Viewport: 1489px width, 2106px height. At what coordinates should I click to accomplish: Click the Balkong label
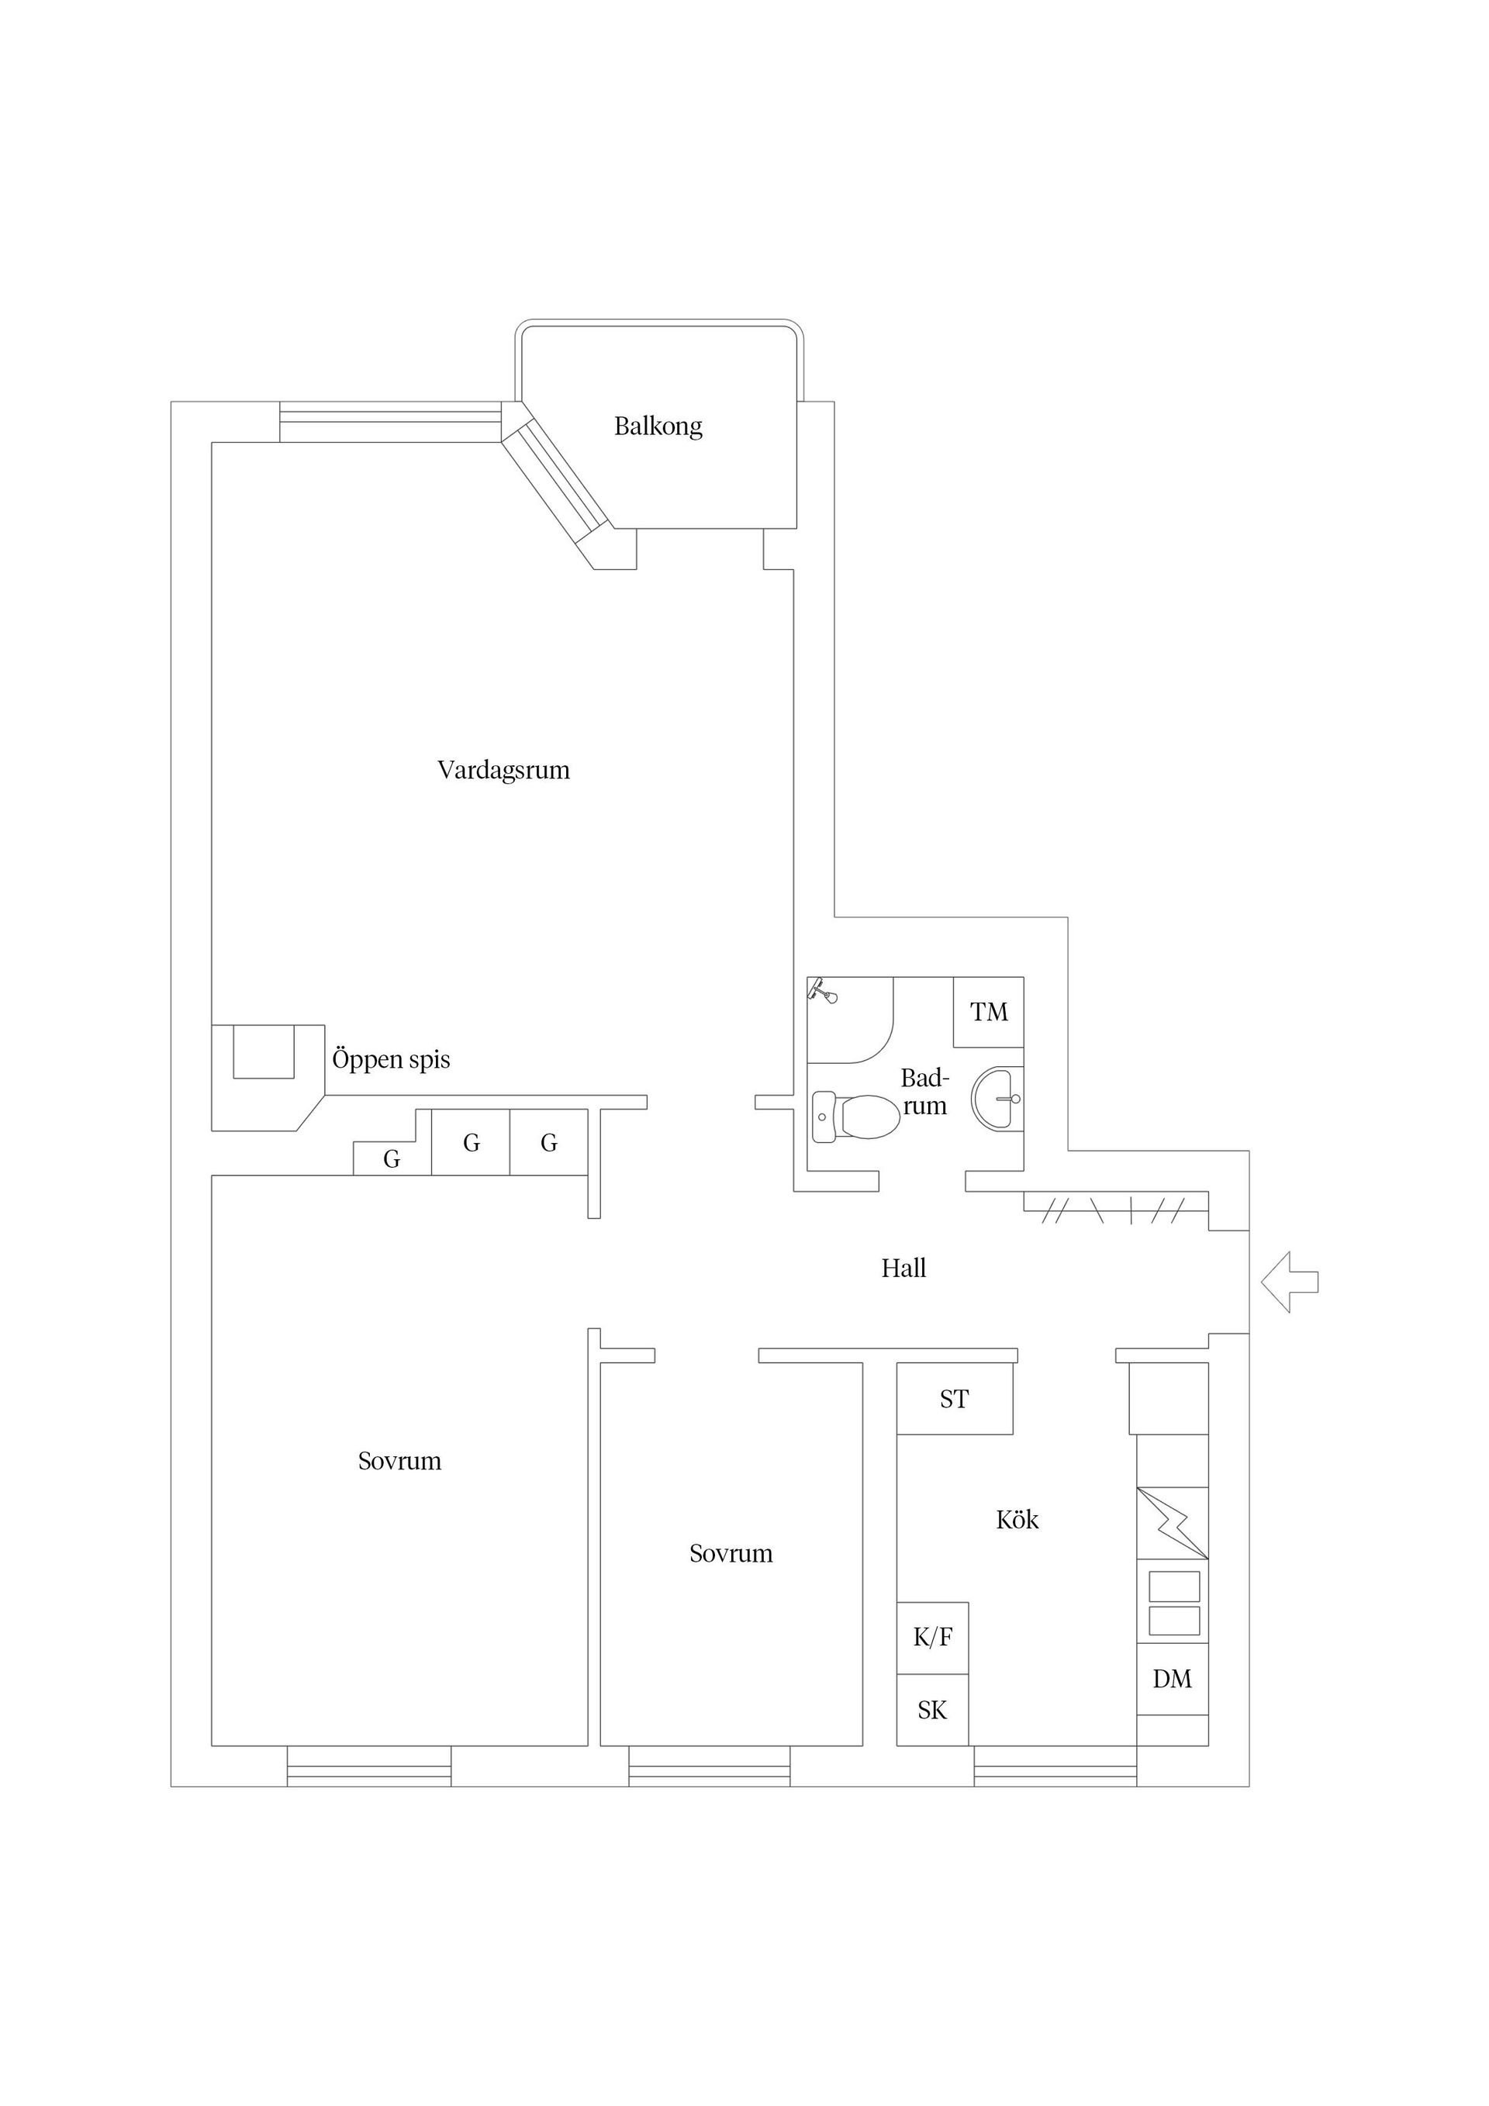[x=658, y=426]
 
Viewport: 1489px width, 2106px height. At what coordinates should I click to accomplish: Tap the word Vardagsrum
[x=503, y=771]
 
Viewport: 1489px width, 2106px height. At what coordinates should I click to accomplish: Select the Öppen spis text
[x=391, y=1059]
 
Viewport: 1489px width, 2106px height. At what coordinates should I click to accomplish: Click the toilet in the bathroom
[x=857, y=1117]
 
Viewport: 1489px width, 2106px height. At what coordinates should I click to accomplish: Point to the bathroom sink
[x=999, y=1098]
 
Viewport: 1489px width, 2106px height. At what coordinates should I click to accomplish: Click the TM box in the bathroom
[x=988, y=1013]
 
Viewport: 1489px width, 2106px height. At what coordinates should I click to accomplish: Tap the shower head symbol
[x=823, y=993]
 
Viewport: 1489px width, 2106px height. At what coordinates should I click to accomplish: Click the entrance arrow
[x=1290, y=1282]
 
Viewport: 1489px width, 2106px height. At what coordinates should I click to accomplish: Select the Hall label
[x=903, y=1269]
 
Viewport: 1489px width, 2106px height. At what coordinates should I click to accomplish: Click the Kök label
[x=1017, y=1520]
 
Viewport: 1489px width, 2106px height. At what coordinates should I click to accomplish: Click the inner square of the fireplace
[x=264, y=1051]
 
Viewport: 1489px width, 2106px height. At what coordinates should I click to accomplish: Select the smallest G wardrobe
[x=392, y=1159]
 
